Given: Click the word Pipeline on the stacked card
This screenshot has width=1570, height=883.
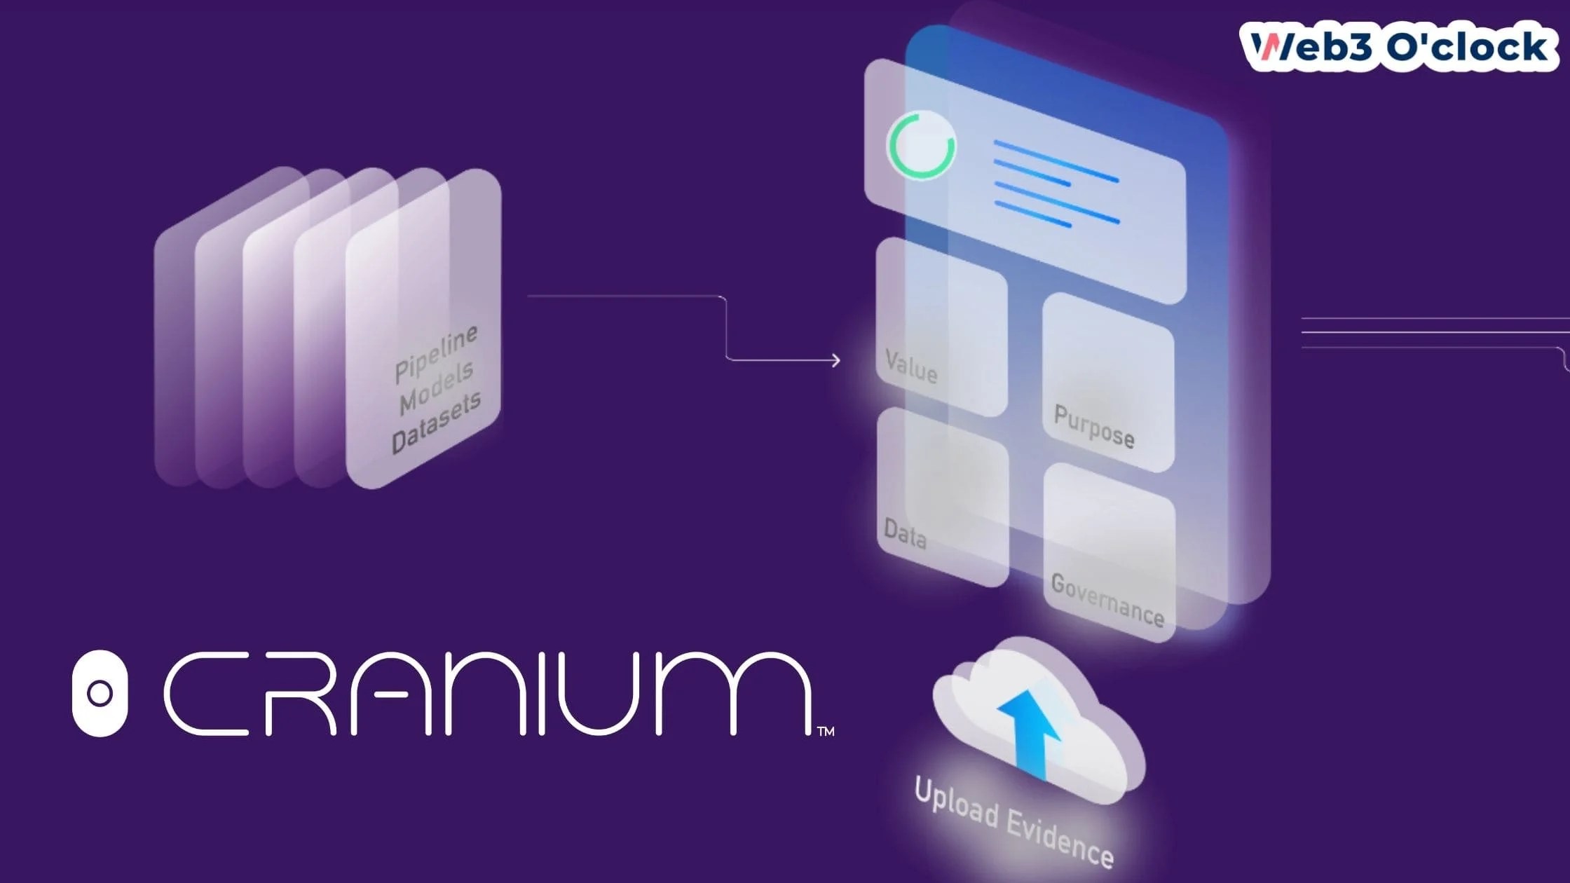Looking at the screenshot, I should [x=436, y=354].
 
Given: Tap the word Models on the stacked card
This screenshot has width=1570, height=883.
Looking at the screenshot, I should [x=436, y=388].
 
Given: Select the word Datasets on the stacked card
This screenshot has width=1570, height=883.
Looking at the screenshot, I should [x=436, y=423].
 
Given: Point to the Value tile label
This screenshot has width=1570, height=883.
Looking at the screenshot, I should [x=910, y=367].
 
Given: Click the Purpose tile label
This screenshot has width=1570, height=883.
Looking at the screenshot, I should [x=1094, y=426].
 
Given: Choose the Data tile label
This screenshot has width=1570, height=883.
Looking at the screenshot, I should [x=905, y=533].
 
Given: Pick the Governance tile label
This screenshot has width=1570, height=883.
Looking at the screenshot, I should [x=1107, y=600].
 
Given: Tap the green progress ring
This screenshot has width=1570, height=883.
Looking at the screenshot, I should [x=921, y=145].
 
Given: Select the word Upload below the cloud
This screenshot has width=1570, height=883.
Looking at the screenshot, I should [x=957, y=802].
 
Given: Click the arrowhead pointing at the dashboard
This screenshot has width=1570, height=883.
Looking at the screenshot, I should [x=835, y=360].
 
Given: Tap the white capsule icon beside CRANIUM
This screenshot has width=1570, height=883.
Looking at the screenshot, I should [x=100, y=693].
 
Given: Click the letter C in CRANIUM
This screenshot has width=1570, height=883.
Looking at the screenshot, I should [x=207, y=693].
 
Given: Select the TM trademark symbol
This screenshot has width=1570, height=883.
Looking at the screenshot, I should [x=826, y=732].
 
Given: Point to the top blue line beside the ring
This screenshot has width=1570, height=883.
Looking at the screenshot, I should [x=1056, y=161].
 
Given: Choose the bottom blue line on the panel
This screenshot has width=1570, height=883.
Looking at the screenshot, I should [x=1033, y=214].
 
